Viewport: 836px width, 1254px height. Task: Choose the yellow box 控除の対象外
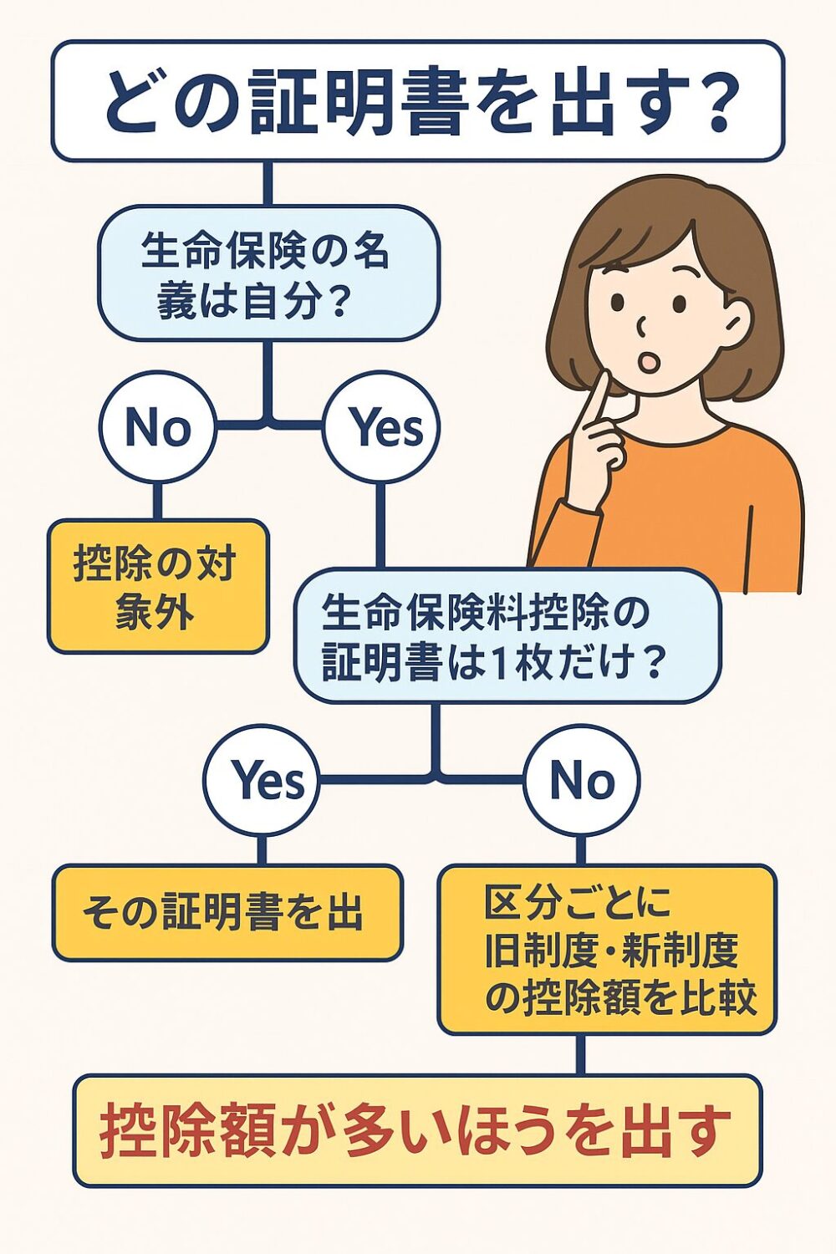pyautogui.click(x=157, y=586)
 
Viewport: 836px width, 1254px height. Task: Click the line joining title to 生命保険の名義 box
pyautogui.click(x=268, y=184)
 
